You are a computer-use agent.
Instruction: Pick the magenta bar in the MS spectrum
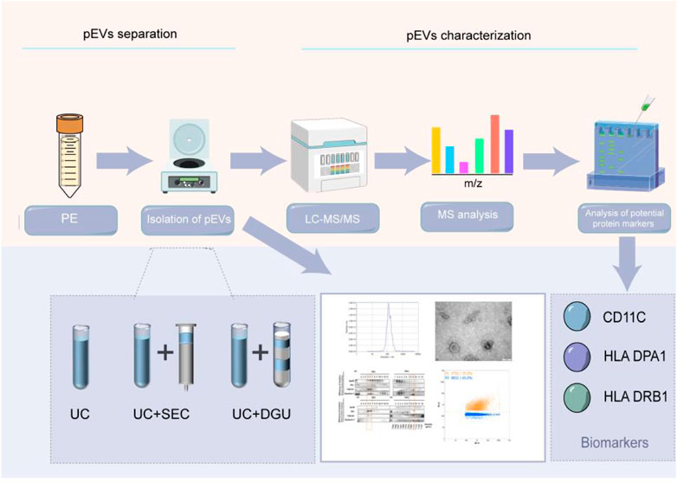tap(465, 166)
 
